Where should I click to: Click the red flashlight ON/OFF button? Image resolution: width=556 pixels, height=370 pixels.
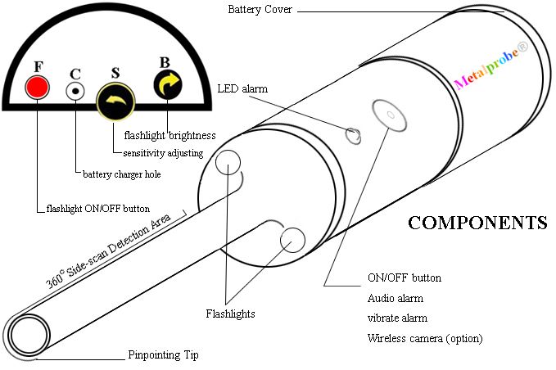pyautogui.click(x=37, y=87)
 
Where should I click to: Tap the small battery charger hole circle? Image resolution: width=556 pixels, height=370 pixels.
pyautogui.click(x=75, y=91)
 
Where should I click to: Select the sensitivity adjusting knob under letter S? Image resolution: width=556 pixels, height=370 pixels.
pyautogui.click(x=114, y=102)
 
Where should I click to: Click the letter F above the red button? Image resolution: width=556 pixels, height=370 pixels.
pyautogui.click(x=38, y=66)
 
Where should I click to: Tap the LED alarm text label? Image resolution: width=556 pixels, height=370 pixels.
pyautogui.click(x=242, y=88)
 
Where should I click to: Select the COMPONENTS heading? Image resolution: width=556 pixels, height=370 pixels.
pyautogui.click(x=477, y=223)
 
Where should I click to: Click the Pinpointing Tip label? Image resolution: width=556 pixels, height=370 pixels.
pyautogui.click(x=163, y=355)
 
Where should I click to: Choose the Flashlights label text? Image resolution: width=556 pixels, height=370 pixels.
pyautogui.click(x=230, y=314)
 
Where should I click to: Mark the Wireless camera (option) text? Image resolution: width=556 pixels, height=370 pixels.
pyautogui.click(x=425, y=338)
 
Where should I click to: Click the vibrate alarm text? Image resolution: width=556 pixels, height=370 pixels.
pyautogui.click(x=397, y=318)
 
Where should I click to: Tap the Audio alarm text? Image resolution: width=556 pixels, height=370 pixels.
pyautogui.click(x=396, y=298)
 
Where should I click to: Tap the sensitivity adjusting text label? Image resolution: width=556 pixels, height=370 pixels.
pyautogui.click(x=165, y=153)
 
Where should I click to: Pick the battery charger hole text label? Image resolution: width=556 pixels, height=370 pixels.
pyautogui.click(x=122, y=174)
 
